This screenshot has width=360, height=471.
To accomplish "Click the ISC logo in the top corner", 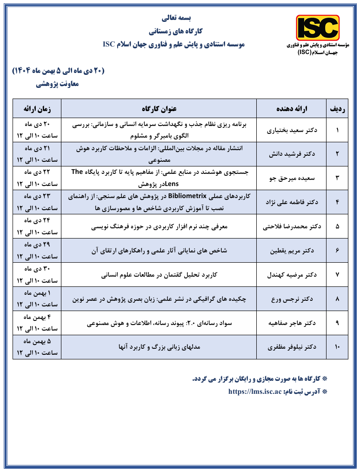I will tap(318, 28).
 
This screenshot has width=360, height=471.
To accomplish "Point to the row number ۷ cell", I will tap(337, 274).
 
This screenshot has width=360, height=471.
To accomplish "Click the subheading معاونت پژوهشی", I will tap(58, 84).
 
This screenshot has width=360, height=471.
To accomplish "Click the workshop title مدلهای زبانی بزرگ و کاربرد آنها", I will tap(159, 347).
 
